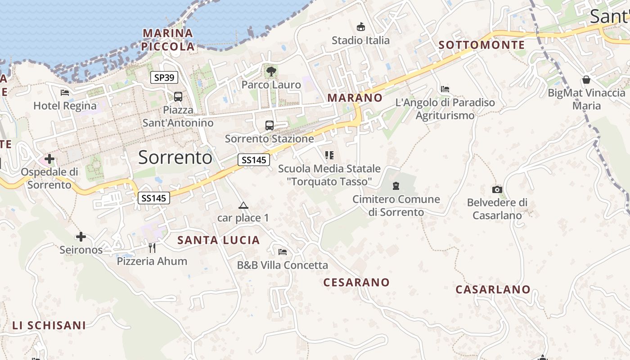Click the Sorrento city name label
tap(175, 157)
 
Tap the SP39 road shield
tap(164, 77)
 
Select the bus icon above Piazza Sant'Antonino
tap(178, 96)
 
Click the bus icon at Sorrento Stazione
tap(270, 126)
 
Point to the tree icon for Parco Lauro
tap(271, 71)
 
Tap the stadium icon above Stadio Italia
tap(360, 27)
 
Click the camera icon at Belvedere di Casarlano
tap(497, 189)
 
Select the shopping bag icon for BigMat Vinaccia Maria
tap(586, 80)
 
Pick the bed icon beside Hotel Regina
tap(65, 93)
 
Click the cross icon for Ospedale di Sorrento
tap(49, 159)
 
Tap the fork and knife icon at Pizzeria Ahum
tap(152, 247)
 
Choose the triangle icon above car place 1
tap(243, 206)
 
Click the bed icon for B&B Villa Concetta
tap(283, 252)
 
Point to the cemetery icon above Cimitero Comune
tap(396, 185)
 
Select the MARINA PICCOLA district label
tap(168, 40)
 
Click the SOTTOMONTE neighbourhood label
tap(481, 45)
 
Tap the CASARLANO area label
tap(493, 289)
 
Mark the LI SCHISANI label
tap(49, 325)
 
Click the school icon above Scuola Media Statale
tap(329, 155)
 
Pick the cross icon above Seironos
tap(81, 236)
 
